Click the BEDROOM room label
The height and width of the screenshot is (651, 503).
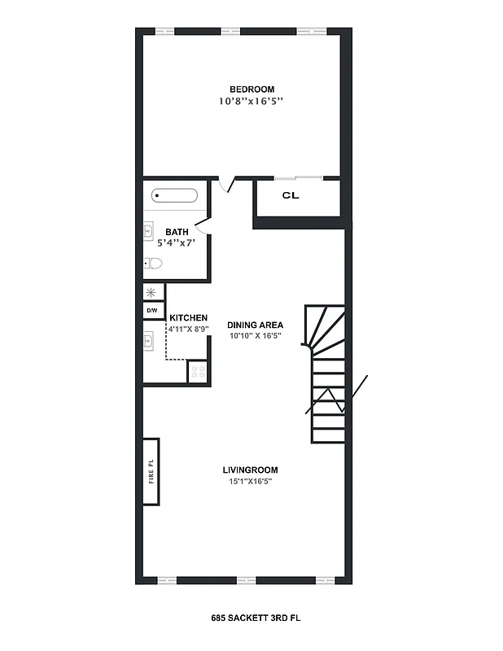[x=251, y=90]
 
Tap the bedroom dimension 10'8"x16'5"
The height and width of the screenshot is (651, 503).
[x=251, y=103]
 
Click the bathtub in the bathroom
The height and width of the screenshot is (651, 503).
[x=174, y=196]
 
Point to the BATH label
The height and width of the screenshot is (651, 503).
[x=177, y=232]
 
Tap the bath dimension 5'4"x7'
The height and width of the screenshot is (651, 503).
[x=177, y=242]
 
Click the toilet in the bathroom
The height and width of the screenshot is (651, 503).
[x=153, y=263]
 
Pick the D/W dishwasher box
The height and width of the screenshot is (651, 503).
[x=152, y=311]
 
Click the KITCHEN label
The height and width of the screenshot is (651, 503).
[x=188, y=318]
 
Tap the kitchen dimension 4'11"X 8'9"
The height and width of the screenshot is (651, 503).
[x=188, y=329]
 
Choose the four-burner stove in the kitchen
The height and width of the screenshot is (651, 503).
[x=198, y=372]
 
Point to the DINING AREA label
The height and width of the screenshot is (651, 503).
[x=255, y=325]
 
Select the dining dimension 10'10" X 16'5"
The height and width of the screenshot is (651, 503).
[x=255, y=335]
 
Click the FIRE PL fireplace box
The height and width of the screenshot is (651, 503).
[x=151, y=473]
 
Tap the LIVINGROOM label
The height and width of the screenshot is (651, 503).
[x=251, y=470]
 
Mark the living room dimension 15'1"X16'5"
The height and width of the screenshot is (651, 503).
[x=251, y=482]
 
